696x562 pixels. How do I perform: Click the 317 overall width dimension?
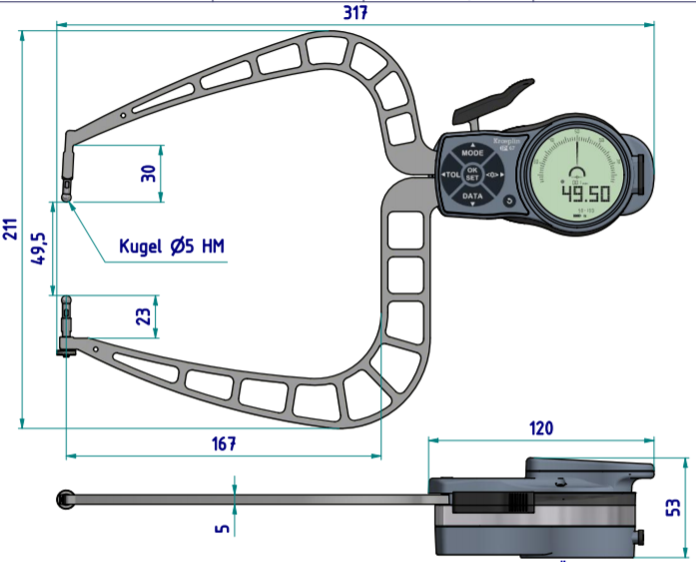click(355, 12)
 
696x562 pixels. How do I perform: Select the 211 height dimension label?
click(9, 229)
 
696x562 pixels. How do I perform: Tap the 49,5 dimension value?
click(39, 246)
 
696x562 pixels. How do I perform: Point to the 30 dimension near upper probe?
click(149, 173)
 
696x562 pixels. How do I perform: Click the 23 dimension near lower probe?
click(145, 316)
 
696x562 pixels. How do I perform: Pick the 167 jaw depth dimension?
click(223, 444)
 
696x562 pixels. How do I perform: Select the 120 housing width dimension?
click(540, 428)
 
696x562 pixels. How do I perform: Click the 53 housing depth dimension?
click(674, 508)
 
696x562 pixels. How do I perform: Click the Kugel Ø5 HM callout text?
click(172, 246)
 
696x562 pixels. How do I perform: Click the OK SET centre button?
click(473, 175)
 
